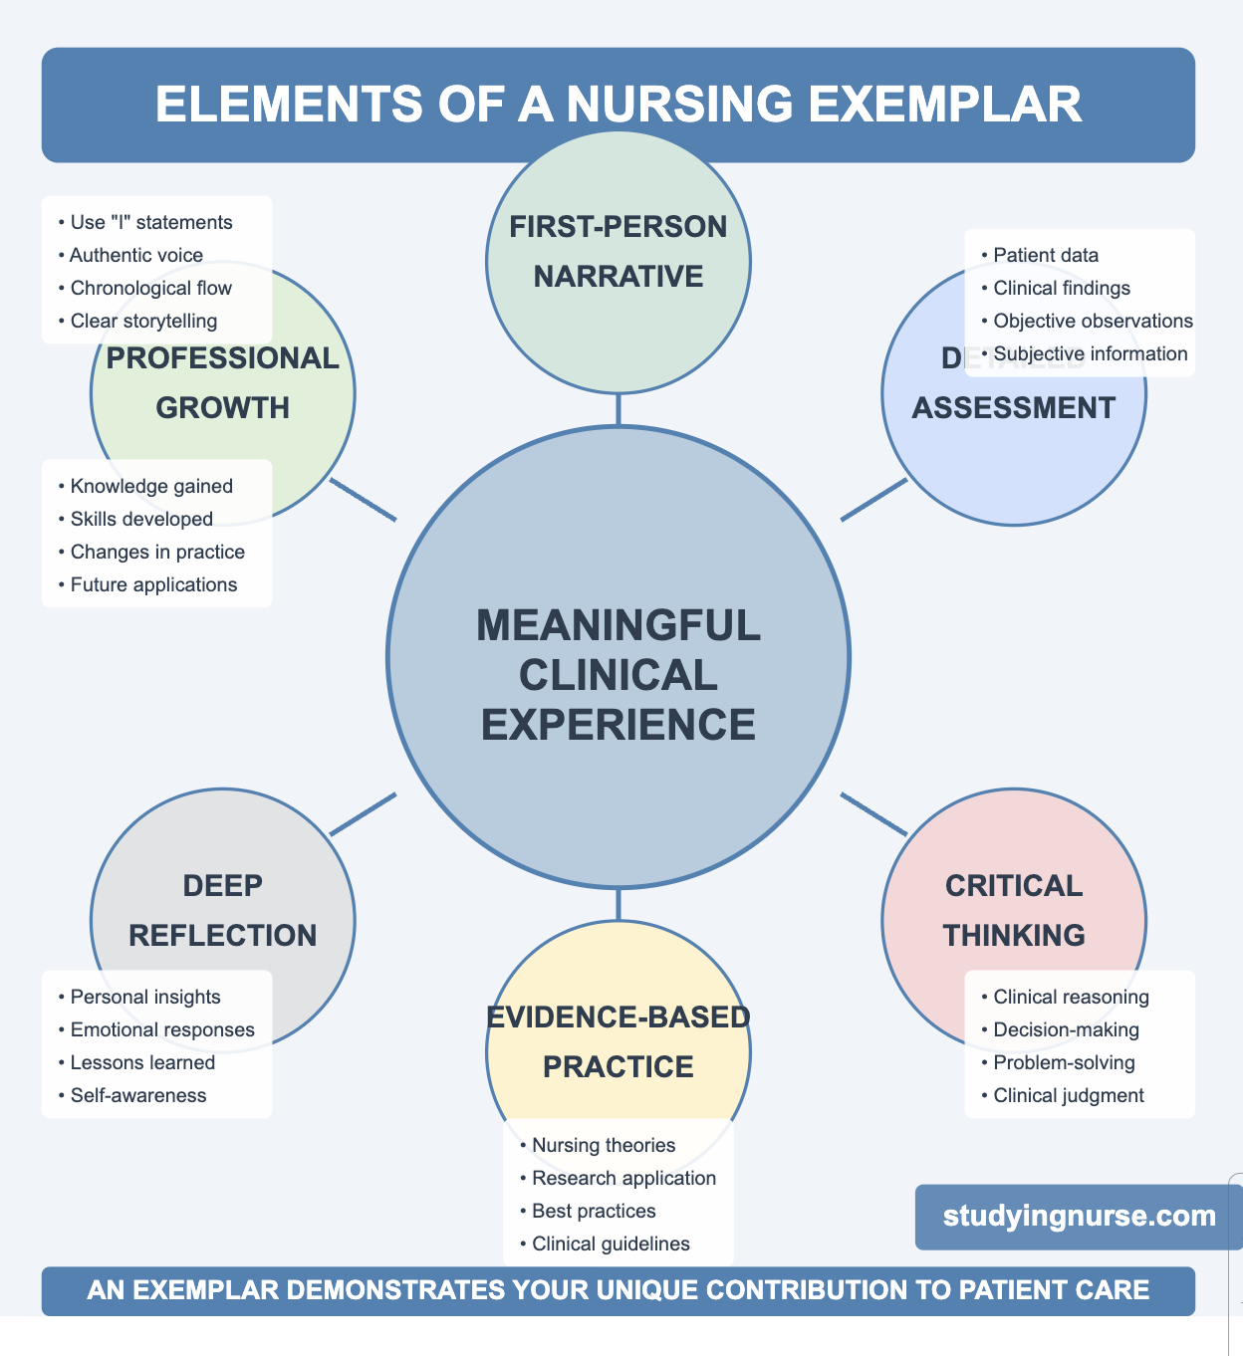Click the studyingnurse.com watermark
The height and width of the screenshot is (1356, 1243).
[1079, 1216]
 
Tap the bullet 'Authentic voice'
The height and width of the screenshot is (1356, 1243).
[136, 256]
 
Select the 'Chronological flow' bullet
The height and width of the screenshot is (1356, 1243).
[150, 289]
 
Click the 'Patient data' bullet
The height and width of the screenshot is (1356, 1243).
[1046, 256]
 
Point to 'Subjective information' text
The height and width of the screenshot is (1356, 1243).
[1090, 354]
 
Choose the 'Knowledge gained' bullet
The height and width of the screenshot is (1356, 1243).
[151, 487]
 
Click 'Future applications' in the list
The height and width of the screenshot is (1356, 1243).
[153, 585]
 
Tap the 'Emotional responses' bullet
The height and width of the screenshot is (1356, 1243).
[162, 1030]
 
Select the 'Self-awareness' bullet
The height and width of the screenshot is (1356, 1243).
[138, 1096]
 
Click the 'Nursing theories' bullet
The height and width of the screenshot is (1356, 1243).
[604, 1146]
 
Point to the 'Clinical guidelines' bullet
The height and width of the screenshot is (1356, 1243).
[611, 1244]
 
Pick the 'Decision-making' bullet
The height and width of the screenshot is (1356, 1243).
[1066, 1030]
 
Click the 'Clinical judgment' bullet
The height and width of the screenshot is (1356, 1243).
[1069, 1096]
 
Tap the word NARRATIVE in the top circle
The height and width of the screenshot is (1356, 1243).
[619, 277]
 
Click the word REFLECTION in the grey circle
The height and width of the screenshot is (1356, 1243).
[223, 936]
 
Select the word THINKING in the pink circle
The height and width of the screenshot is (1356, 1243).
[1014, 936]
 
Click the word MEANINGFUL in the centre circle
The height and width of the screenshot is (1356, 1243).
[619, 626]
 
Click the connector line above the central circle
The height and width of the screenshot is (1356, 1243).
[619, 409]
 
